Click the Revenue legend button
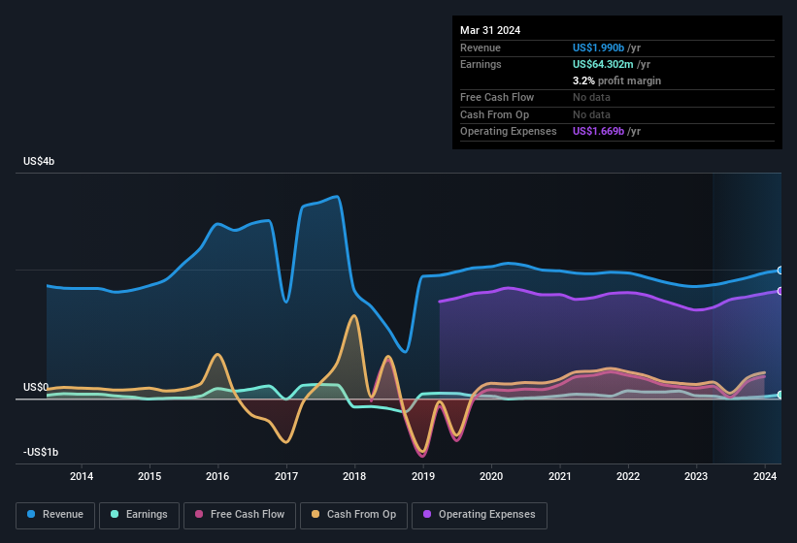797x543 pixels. click(x=55, y=515)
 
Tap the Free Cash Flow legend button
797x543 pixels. click(x=240, y=515)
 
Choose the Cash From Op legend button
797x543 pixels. click(x=353, y=515)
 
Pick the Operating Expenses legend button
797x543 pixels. click(x=480, y=515)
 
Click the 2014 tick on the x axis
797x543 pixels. click(x=82, y=476)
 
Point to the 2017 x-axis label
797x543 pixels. click(x=286, y=476)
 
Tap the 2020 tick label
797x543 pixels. click(x=491, y=476)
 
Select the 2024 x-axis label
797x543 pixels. click(x=765, y=476)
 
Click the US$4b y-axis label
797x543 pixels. click(x=39, y=161)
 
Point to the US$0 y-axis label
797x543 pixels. click(x=35, y=387)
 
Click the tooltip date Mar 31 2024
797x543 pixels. click(x=490, y=30)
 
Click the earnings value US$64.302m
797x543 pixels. click(x=604, y=64)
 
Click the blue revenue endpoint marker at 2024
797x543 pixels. click(x=780, y=270)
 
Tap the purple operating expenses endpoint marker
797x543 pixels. click(x=780, y=291)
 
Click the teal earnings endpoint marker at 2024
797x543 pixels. click(x=780, y=395)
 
